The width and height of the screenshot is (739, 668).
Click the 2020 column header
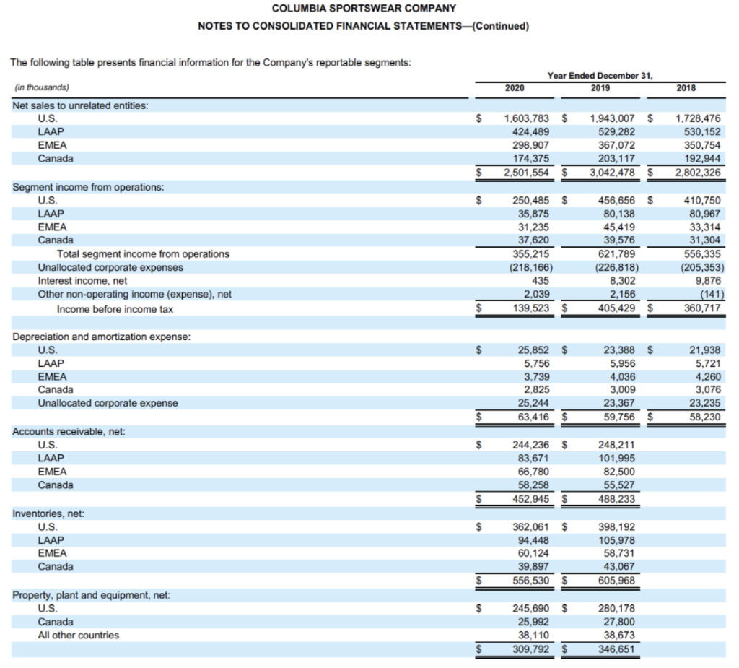(x=515, y=88)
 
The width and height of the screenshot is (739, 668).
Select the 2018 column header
(x=686, y=88)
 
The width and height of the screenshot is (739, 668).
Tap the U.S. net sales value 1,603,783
(x=526, y=118)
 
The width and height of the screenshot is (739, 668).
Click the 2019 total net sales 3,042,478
(x=613, y=173)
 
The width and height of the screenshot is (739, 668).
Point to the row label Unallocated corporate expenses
(x=110, y=267)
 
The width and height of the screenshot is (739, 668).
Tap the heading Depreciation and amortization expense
(x=102, y=337)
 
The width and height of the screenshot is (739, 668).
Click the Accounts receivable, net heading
(x=69, y=431)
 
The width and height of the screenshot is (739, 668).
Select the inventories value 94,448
(x=533, y=540)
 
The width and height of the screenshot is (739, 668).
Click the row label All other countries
(x=79, y=636)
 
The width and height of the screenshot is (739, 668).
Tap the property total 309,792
(x=529, y=649)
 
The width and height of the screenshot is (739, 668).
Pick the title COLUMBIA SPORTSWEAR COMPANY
(x=364, y=9)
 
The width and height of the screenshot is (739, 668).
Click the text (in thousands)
(x=42, y=87)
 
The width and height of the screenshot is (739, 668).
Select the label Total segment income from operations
(x=143, y=254)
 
